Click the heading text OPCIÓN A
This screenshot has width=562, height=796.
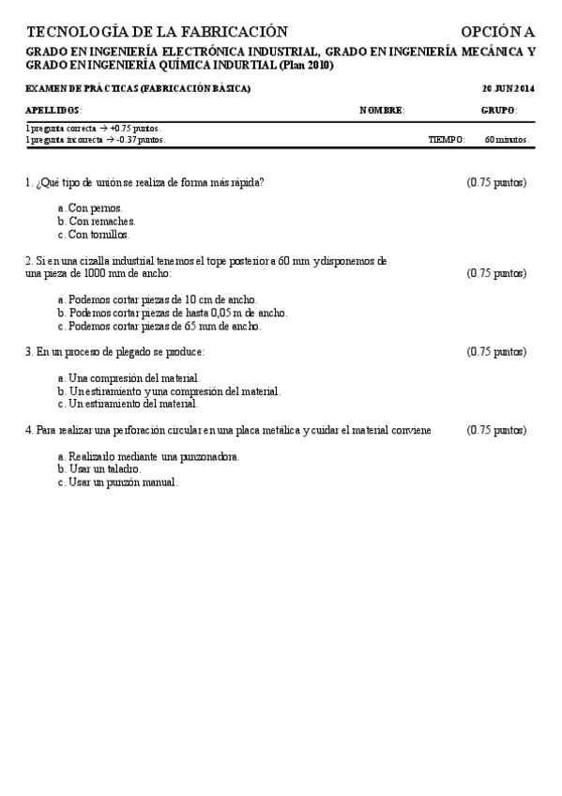[497, 32]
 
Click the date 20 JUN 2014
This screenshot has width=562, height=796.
[508, 88]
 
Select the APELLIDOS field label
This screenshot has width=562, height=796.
[53, 110]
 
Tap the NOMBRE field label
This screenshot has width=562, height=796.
[382, 110]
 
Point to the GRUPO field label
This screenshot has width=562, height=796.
[498, 110]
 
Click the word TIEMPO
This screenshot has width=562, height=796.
[447, 140]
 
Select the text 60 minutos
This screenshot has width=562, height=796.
[507, 140]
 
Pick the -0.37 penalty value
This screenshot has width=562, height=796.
[128, 140]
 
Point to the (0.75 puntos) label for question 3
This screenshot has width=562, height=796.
[496, 352]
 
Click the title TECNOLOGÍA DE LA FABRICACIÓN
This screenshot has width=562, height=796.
[158, 32]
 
